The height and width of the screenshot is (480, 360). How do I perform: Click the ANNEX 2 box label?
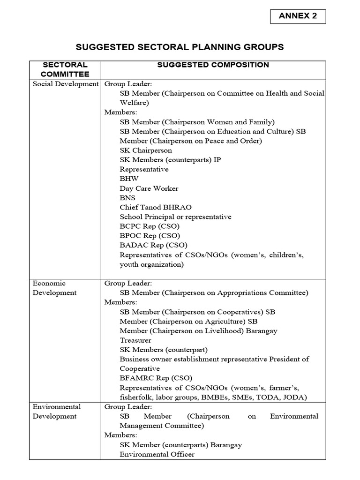tap(298, 16)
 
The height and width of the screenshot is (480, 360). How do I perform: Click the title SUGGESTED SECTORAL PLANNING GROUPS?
tap(180, 47)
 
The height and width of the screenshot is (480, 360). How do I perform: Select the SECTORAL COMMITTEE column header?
tap(65, 69)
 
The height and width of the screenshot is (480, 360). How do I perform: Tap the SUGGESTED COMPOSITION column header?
tap(213, 65)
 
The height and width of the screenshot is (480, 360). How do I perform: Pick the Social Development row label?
tap(65, 84)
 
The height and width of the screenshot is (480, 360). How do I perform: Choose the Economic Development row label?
tap(54, 288)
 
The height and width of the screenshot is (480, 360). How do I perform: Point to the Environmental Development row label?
tap(56, 411)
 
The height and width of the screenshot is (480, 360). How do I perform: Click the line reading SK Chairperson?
tap(146, 150)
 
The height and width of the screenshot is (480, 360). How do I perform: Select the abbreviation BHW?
tap(129, 179)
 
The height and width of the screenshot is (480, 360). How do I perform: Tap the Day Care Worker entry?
tap(149, 188)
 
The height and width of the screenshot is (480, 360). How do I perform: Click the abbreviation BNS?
tap(128, 198)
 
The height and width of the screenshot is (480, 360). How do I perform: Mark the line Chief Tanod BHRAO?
tap(155, 207)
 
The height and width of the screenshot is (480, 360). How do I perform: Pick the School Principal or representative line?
tap(175, 217)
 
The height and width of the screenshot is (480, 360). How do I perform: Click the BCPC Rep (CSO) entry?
tap(150, 226)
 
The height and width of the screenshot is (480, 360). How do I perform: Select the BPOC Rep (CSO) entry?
tap(150, 236)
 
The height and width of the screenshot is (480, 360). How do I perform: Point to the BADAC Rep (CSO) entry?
tap(153, 245)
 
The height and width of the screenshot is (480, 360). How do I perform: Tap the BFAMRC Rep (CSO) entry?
tap(156, 378)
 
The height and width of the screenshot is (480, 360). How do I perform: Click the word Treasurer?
tap(135, 340)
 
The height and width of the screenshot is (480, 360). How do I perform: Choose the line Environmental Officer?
tap(157, 454)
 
